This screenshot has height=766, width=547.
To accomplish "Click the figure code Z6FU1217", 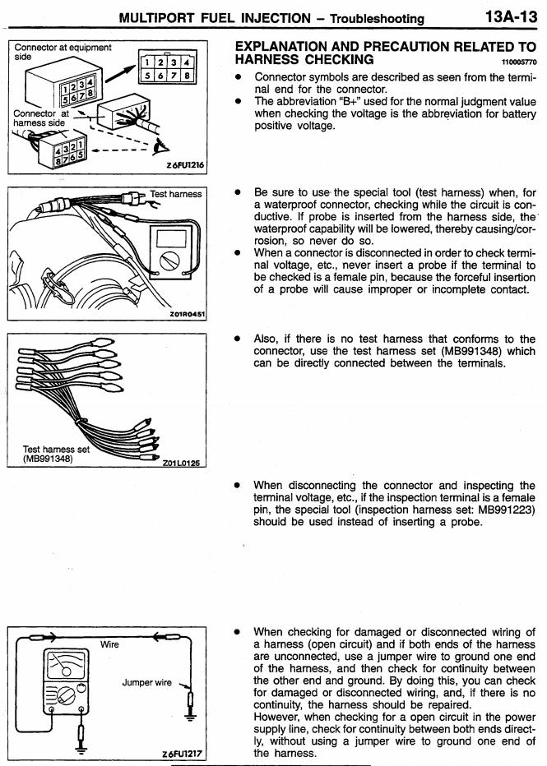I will click(182, 753).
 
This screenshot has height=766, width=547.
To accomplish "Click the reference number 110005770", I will click(517, 62).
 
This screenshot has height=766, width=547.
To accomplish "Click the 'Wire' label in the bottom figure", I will click(109, 644).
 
